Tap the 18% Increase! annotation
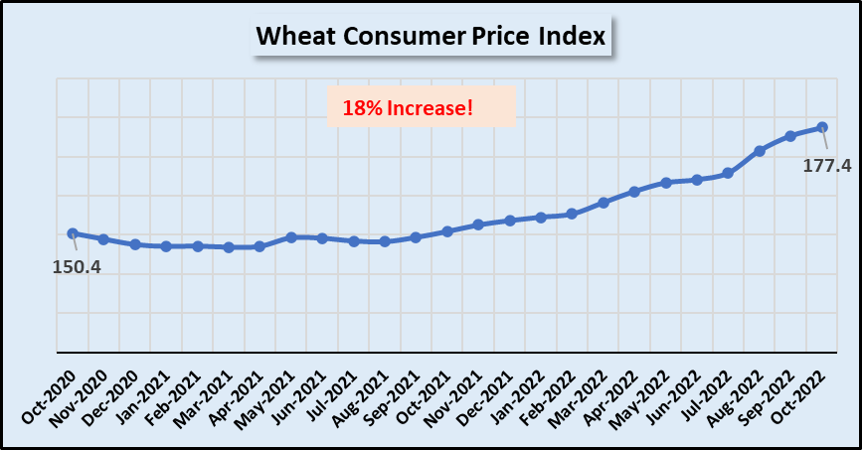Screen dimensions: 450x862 tap(422, 106)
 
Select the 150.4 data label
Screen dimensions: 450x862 tap(77, 267)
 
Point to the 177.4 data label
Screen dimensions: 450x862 tap(827, 165)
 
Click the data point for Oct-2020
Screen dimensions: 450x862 tap(73, 233)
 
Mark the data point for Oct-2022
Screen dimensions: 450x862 tap(822, 127)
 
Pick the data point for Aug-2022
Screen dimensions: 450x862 tap(760, 151)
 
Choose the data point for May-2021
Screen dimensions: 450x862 tap(291, 237)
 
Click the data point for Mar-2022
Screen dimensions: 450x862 tap(603, 203)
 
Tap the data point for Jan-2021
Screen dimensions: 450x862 tap(166, 246)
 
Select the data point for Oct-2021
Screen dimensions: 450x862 tap(447, 231)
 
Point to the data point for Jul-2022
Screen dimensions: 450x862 tap(729, 173)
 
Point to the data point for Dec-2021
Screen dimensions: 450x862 tap(510, 221)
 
